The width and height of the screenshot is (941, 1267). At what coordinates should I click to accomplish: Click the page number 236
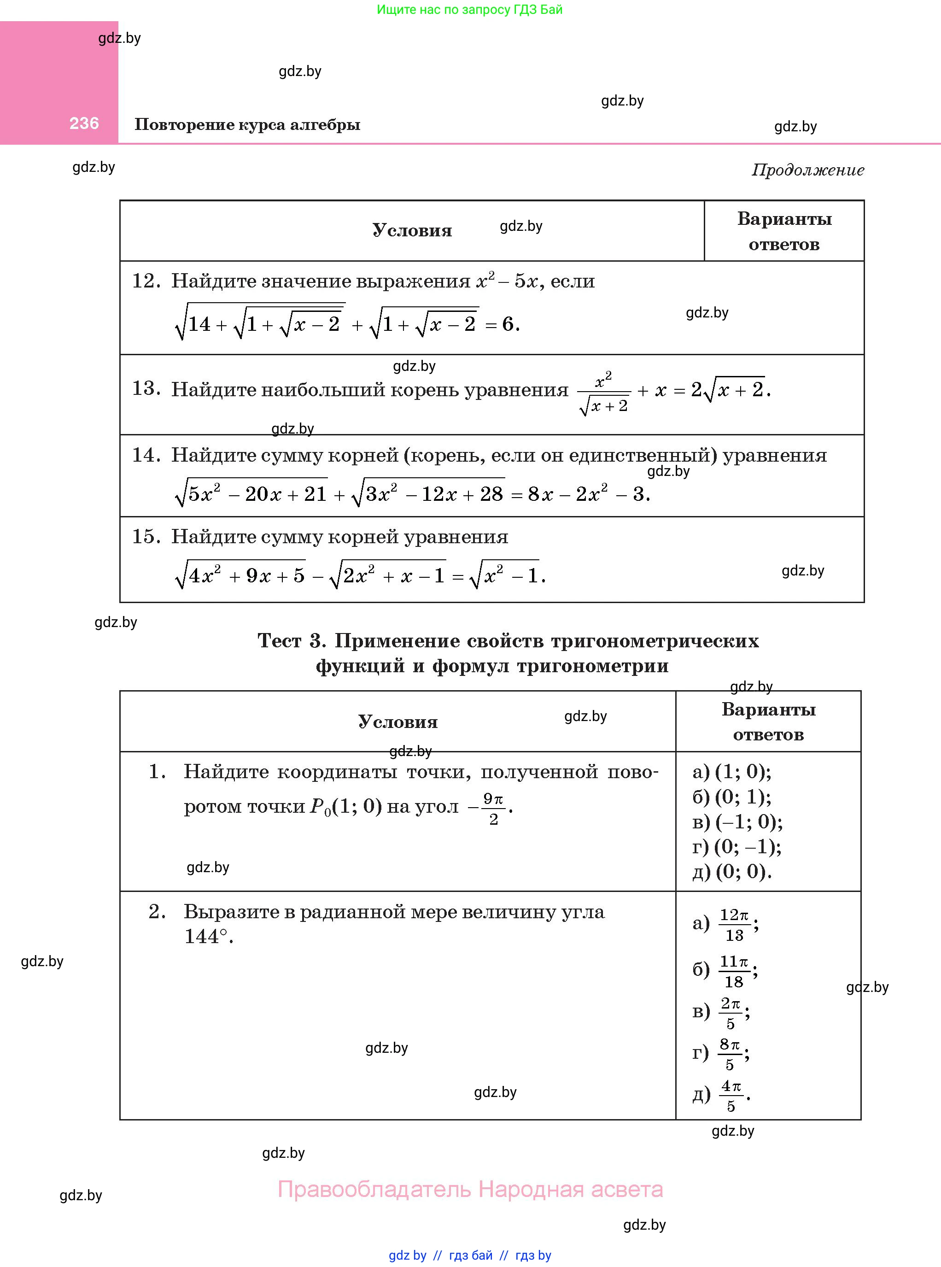coord(84,123)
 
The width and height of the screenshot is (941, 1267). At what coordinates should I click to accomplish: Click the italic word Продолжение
coord(808,170)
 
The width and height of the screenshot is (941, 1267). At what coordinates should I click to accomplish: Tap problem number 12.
coord(146,281)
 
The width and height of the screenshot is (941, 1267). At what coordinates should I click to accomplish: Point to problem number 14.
coord(146,455)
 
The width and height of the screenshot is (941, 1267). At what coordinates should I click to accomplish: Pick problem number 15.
coord(146,537)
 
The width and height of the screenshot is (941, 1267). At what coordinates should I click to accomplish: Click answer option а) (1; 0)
coord(732,771)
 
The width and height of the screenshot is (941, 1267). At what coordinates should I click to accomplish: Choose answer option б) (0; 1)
coord(732,797)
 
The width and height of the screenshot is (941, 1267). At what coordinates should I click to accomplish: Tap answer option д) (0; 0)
coord(732,872)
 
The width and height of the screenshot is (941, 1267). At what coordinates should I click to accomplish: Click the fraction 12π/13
coord(734,925)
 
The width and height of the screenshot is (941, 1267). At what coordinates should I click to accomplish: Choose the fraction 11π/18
coord(734,971)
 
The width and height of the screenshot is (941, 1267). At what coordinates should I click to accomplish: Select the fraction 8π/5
coord(730,1054)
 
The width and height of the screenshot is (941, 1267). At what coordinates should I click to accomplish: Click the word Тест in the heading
coord(279,641)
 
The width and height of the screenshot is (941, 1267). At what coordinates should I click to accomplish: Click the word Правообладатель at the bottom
coord(374,1189)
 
